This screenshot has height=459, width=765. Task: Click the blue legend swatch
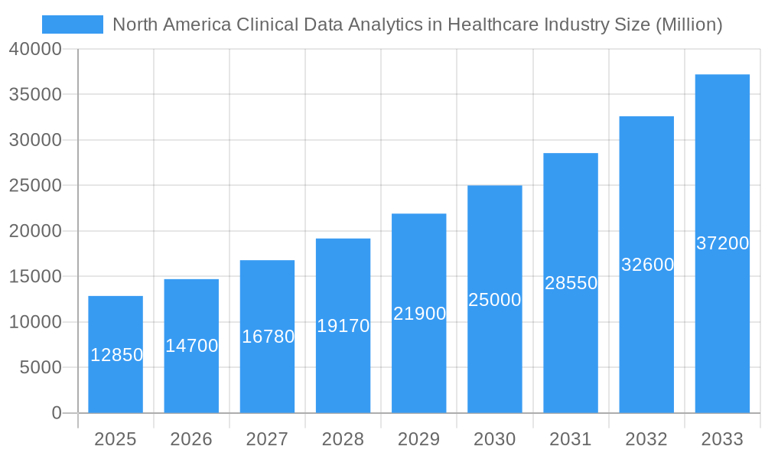pos(72,24)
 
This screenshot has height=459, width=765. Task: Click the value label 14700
pos(191,346)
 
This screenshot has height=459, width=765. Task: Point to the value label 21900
pos(419,314)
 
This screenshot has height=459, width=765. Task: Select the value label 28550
pos(571,283)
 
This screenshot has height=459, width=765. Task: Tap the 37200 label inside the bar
pos(722,243)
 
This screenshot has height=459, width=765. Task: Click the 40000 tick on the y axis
pos(35,49)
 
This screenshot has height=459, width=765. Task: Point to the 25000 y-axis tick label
pos(35,186)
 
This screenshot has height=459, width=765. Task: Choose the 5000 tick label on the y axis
pos(40,368)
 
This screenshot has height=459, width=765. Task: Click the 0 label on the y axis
pos(56,413)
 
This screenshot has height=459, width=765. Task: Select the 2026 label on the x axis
pos(191,439)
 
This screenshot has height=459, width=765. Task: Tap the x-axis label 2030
pos(495,439)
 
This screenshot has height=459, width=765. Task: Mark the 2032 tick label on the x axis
pos(646,439)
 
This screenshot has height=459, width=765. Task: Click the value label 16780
pos(268,337)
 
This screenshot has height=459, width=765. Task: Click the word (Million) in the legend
pos(688,24)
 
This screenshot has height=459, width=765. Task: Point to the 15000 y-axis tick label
pos(35,277)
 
